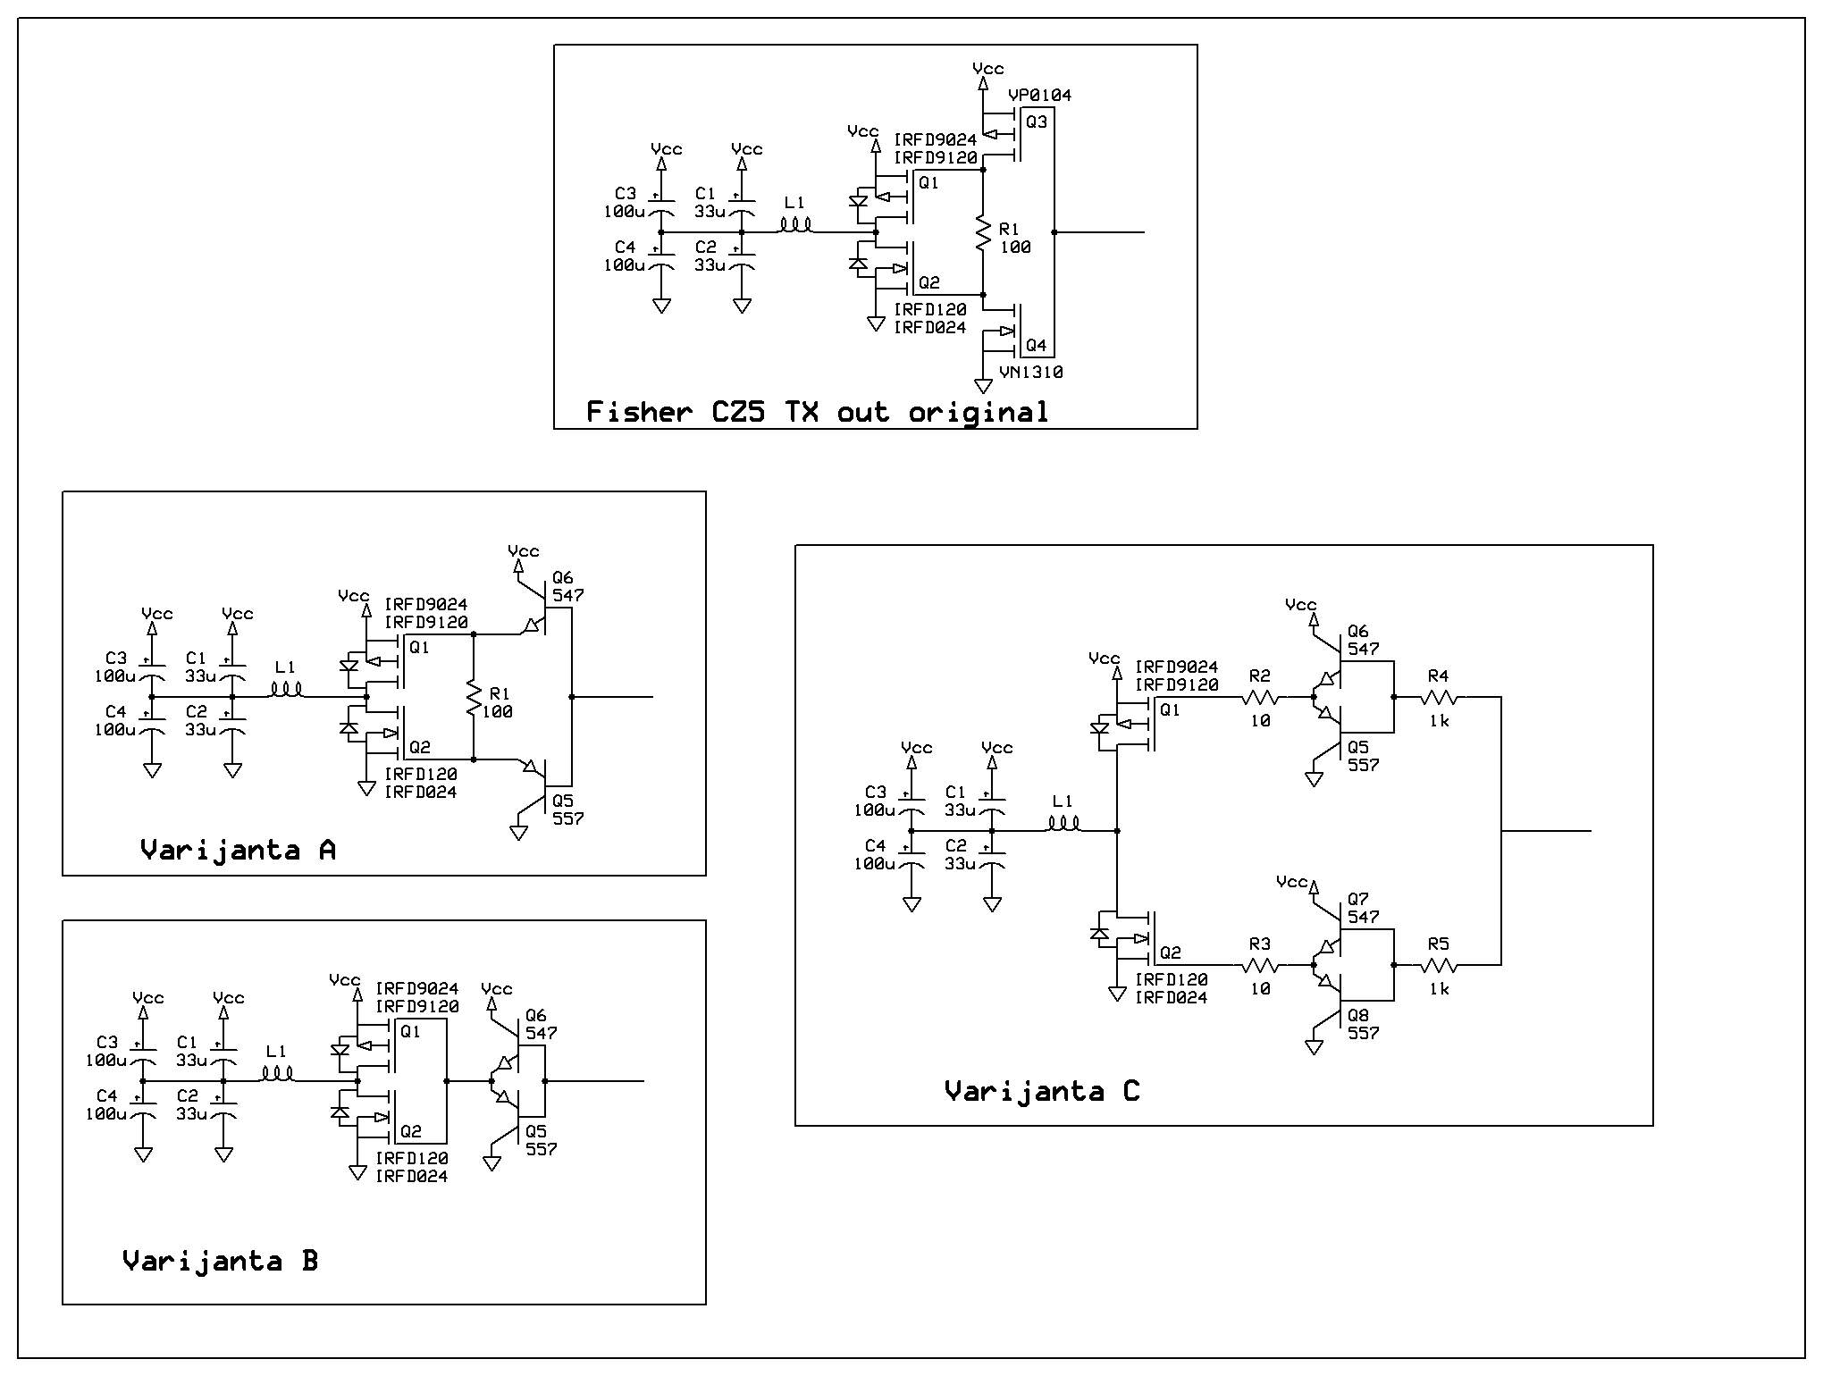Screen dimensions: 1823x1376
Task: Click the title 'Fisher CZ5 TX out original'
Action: click(817, 412)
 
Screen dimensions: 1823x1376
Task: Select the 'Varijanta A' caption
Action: click(238, 850)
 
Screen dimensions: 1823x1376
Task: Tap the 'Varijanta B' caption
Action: click(220, 1261)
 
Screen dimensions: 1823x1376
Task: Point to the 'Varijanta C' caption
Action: click(1042, 1091)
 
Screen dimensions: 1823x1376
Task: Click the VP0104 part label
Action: click(1039, 95)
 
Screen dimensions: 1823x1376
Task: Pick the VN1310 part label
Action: click(1031, 372)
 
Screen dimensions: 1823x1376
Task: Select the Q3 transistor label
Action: click(1037, 122)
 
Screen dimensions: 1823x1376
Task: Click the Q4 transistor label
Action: click(1037, 345)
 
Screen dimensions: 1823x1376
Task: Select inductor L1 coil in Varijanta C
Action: click(1063, 824)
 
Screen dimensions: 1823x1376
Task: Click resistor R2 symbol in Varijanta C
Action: click(1260, 697)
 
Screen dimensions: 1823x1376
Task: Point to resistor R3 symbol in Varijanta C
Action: click(1260, 965)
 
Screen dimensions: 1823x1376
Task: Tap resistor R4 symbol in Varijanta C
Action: click(1439, 697)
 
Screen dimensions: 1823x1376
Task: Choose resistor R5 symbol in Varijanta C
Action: click(1439, 965)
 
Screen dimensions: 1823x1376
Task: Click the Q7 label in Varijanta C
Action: click(1358, 899)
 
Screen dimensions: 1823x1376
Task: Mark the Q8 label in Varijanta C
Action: click(1358, 1015)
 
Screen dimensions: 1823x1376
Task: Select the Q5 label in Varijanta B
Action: click(536, 1131)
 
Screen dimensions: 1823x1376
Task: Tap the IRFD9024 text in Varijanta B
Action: click(416, 988)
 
